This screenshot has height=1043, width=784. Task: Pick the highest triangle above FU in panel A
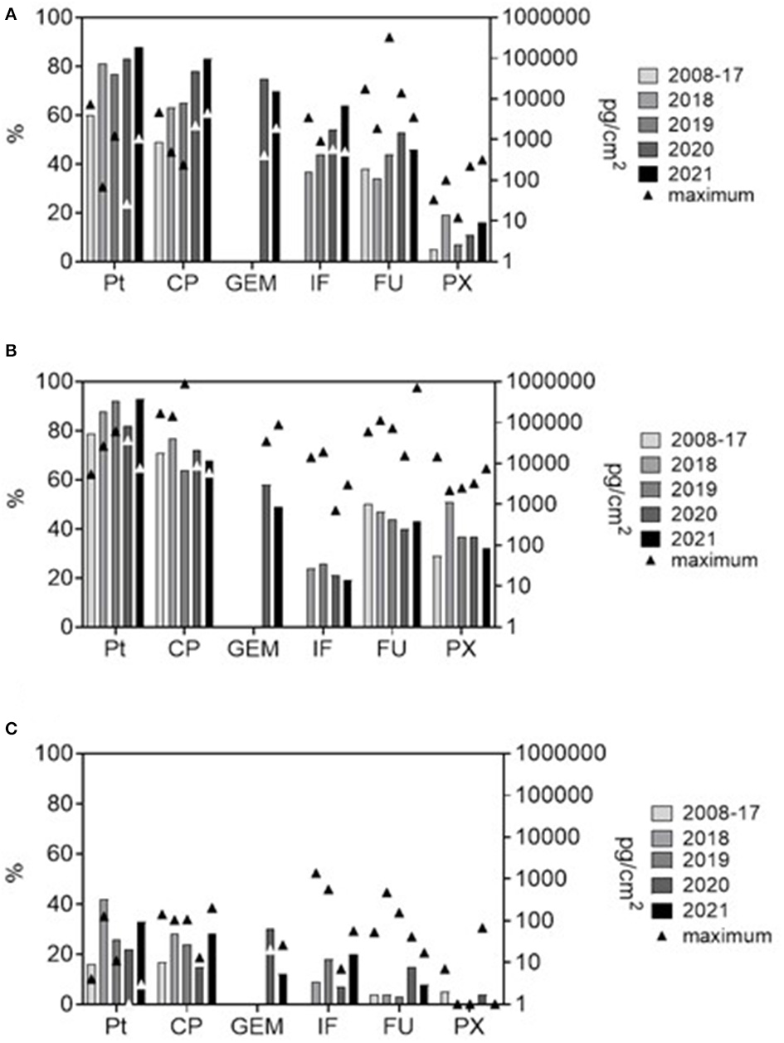point(389,37)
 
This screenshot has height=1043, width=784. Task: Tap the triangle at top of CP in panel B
point(185,384)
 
